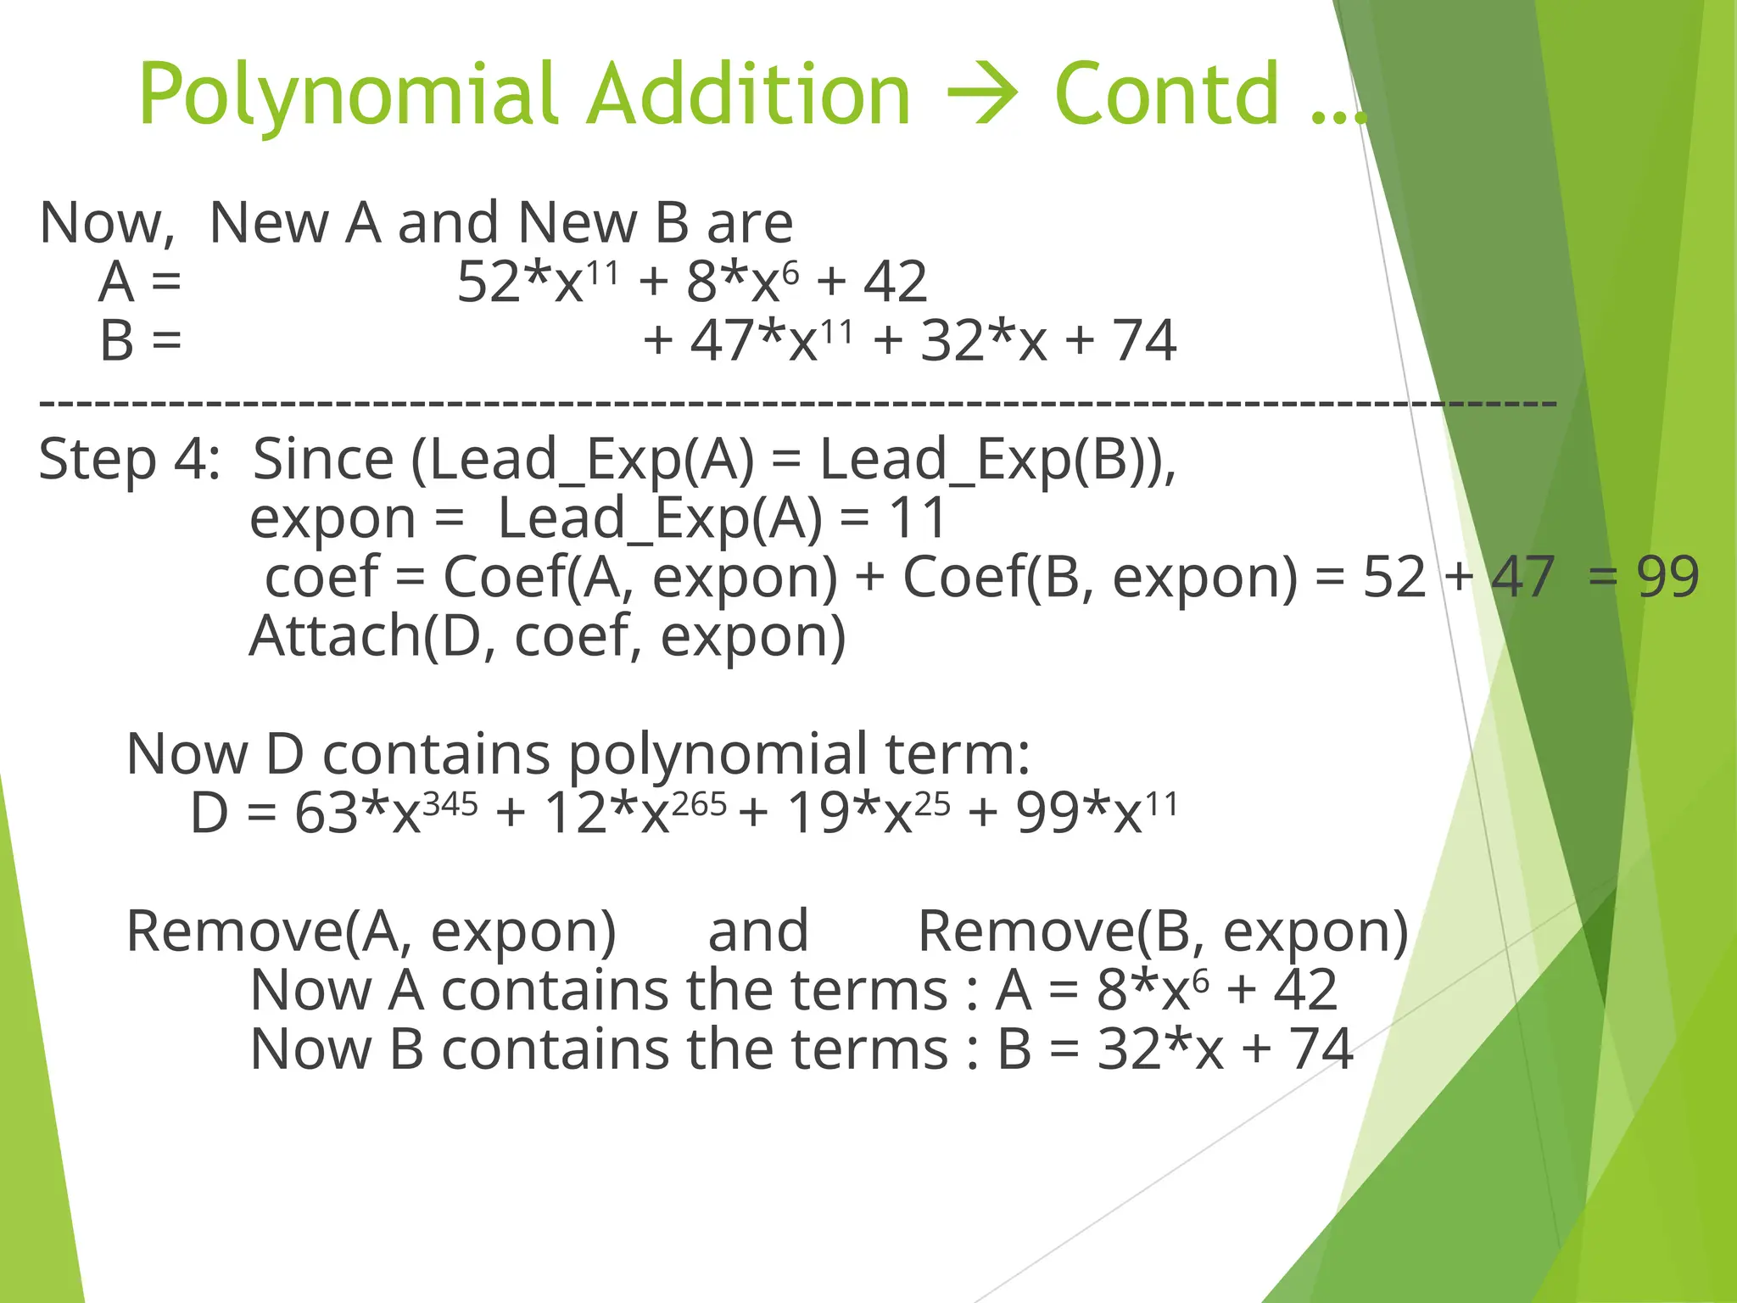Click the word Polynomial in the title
tap(348, 95)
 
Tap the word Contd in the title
tap(1166, 95)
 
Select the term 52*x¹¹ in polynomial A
tap(537, 282)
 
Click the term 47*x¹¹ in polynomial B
tap(771, 340)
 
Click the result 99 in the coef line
tap(1667, 577)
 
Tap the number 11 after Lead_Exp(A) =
tap(917, 517)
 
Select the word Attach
tap(334, 635)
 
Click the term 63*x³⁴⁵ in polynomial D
tap(386, 812)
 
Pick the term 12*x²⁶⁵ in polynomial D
tap(634, 812)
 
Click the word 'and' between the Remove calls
tap(757, 931)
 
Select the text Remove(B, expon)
tap(1163, 931)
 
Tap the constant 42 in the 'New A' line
tap(895, 282)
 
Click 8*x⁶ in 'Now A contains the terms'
tap(1153, 990)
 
